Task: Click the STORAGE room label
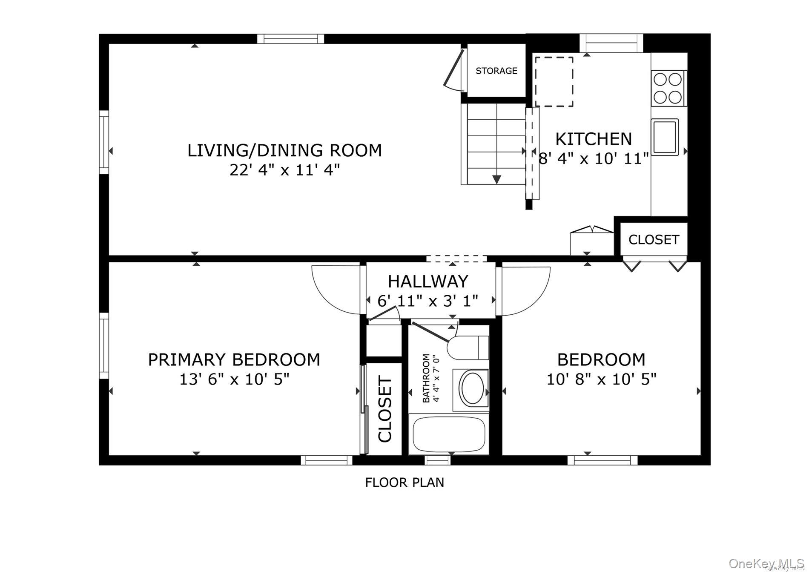(496, 71)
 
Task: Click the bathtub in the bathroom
(449, 434)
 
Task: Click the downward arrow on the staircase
(496, 179)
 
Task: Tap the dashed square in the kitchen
(554, 82)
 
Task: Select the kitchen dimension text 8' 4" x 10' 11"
(594, 158)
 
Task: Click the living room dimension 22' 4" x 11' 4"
(284, 170)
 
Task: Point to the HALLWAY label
(428, 282)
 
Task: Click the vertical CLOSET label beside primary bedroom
(384, 409)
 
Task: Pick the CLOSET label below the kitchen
(653, 240)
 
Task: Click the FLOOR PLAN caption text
(404, 483)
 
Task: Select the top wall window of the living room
(291, 39)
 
